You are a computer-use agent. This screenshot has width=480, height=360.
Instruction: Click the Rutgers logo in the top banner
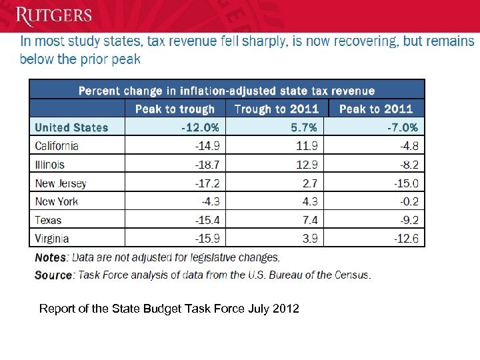point(55,15)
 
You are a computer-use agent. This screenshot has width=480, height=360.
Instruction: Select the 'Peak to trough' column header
point(175,109)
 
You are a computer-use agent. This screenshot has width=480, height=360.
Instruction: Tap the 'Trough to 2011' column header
point(277,109)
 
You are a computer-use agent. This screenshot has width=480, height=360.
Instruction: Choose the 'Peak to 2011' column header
point(375,109)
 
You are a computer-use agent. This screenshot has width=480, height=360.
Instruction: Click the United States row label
point(71,127)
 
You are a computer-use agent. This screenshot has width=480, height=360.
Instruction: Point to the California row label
point(57,146)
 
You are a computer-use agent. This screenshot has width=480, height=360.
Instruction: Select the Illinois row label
point(49,164)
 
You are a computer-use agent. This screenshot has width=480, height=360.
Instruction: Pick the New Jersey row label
point(61,183)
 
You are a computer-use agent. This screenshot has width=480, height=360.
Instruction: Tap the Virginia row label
point(51,238)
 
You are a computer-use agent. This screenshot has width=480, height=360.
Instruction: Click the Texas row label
point(48,220)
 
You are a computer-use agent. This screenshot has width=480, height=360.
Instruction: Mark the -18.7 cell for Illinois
point(207,164)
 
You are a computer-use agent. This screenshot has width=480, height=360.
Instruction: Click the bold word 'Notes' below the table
point(50,257)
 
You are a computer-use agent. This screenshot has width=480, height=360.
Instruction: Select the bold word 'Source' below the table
point(53,275)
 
